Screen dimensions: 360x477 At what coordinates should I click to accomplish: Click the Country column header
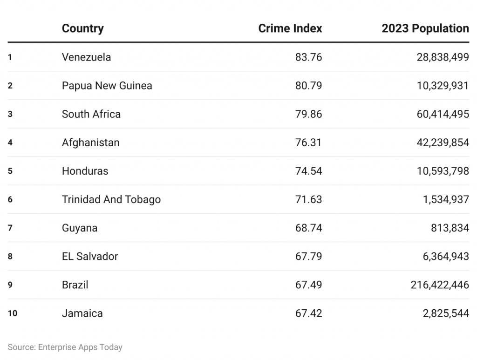[x=82, y=28]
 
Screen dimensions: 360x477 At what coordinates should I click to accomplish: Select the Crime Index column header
[x=290, y=28]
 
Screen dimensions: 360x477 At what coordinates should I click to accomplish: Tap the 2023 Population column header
[x=425, y=28]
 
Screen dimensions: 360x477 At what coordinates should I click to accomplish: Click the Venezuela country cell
[x=86, y=57]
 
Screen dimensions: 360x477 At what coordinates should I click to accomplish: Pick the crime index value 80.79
[x=308, y=86]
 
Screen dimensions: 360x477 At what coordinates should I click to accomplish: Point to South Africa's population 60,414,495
[x=443, y=114]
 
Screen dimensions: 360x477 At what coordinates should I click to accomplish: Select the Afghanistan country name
[x=90, y=143]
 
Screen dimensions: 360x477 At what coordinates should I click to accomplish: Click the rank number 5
[x=10, y=171]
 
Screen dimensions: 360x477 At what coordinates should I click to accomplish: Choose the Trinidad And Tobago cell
[x=111, y=199]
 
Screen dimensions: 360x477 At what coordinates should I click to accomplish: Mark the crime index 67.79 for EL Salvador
[x=308, y=256]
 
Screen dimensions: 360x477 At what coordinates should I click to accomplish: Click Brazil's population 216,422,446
[x=440, y=285]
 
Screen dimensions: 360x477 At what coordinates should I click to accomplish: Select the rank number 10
[x=13, y=313]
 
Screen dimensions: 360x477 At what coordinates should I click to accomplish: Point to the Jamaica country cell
[x=82, y=313]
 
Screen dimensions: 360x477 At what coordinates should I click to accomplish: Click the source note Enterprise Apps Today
[x=65, y=347]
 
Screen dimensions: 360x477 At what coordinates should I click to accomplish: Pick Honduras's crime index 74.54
[x=308, y=171]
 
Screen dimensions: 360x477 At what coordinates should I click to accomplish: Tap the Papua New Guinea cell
[x=107, y=86]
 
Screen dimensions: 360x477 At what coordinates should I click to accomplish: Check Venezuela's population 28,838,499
[x=443, y=57]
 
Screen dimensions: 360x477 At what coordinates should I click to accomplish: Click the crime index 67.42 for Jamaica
[x=308, y=313]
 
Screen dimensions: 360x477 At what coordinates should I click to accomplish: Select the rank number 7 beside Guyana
[x=10, y=228]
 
